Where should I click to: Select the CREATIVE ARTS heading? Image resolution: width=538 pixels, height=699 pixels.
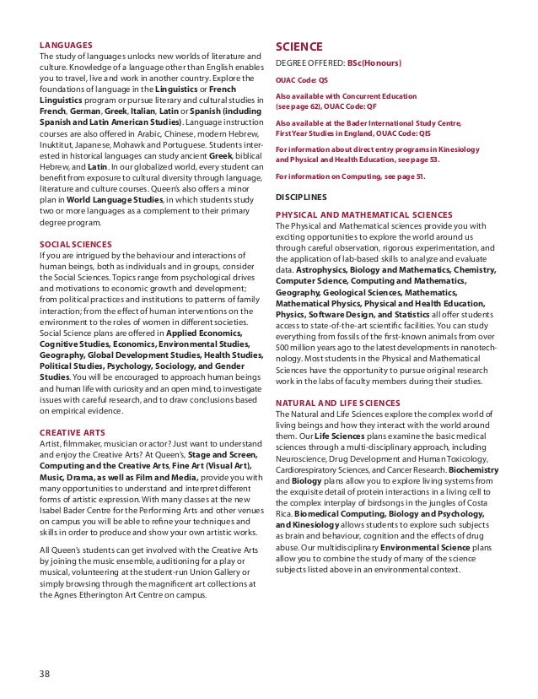[x=71, y=431]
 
